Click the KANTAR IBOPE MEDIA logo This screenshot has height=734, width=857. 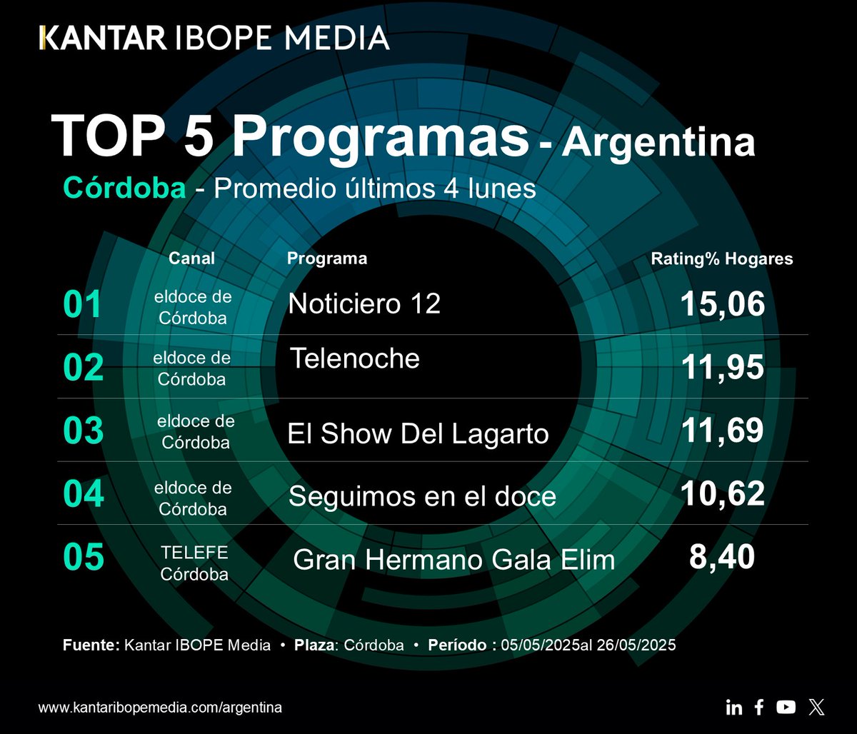pyautogui.click(x=214, y=37)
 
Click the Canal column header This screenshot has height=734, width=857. pyautogui.click(x=191, y=258)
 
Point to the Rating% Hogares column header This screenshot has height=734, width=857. pyautogui.click(x=721, y=258)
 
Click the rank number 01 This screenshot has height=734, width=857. pyautogui.click(x=83, y=306)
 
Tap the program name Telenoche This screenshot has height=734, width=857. pyautogui.click(x=355, y=358)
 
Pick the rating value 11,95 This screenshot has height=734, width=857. pyautogui.click(x=722, y=368)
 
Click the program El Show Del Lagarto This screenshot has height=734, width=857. pyautogui.click(x=418, y=433)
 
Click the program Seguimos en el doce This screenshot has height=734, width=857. pyautogui.click(x=421, y=496)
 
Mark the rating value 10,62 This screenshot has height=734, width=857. pyautogui.click(x=722, y=493)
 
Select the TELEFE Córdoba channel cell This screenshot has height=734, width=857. pyautogui.click(x=194, y=563)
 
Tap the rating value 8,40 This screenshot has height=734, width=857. pyautogui.click(x=722, y=557)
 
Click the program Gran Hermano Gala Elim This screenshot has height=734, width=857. pyautogui.click(x=454, y=560)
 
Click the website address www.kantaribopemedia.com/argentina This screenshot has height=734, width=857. pyautogui.click(x=160, y=708)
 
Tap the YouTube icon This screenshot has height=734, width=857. pyautogui.click(x=786, y=707)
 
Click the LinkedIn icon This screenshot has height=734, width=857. pyautogui.click(x=733, y=708)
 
